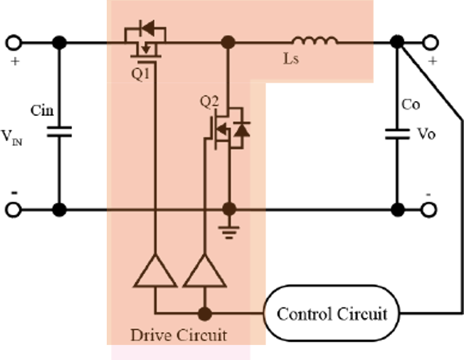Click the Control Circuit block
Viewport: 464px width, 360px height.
[332, 313]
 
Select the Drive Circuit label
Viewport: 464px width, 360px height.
[179, 334]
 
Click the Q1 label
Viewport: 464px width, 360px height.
[141, 73]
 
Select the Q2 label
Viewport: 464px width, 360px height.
[209, 101]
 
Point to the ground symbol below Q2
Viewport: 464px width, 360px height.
[229, 231]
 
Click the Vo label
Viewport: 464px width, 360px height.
[426, 134]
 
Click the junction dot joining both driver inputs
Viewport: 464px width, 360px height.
[205, 313]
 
